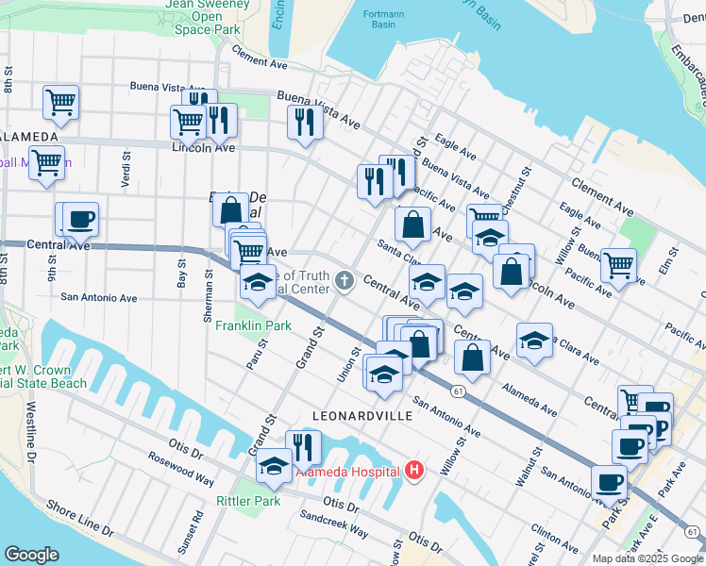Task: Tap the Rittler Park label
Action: point(248,501)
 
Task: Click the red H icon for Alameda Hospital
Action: point(412,469)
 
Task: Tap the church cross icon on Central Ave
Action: point(345,280)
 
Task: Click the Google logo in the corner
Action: point(31,555)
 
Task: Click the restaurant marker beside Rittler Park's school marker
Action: point(303,446)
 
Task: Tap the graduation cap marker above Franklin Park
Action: point(258,280)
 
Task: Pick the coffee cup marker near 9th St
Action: point(79,220)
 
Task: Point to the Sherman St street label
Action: point(208,295)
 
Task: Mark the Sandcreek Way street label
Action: point(334,524)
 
